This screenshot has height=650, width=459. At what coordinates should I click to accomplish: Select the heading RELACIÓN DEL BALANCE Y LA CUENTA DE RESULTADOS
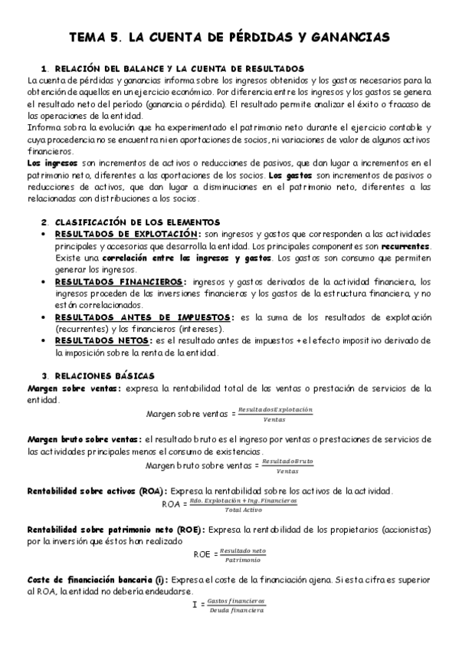[x=179, y=68]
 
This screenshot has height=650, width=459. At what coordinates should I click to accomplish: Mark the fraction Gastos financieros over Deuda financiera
[x=236, y=606]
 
